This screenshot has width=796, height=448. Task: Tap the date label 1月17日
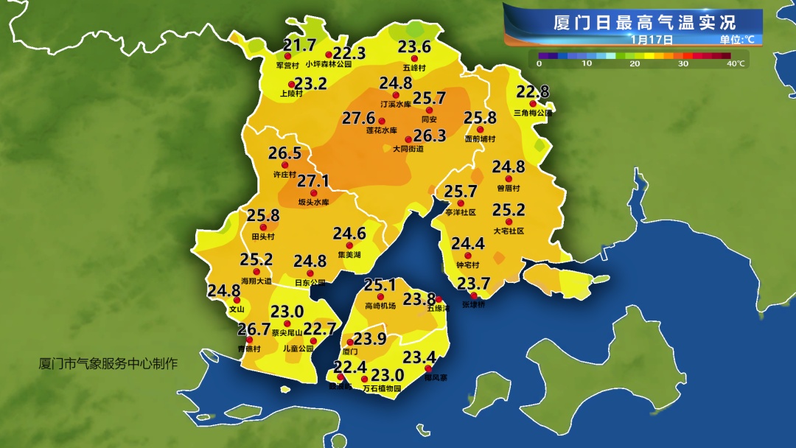pyautogui.click(x=652, y=39)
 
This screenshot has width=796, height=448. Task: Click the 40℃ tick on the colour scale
pyautogui.click(x=736, y=64)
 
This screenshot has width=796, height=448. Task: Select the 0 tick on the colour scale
pyautogui.click(x=539, y=64)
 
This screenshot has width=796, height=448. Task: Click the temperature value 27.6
pyautogui.click(x=359, y=118)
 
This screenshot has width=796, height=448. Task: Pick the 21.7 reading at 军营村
pyautogui.click(x=300, y=45)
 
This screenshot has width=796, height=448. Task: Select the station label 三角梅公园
pyautogui.click(x=533, y=113)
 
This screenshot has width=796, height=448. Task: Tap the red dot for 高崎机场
pyautogui.click(x=381, y=296)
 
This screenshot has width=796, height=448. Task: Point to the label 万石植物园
pyautogui.click(x=382, y=388)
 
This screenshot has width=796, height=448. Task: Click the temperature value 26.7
pyautogui.click(x=254, y=329)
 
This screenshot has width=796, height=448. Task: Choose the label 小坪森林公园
pyautogui.click(x=329, y=65)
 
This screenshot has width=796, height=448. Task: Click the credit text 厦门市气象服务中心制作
pyautogui.click(x=108, y=364)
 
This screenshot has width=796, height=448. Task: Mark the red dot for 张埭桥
pyautogui.click(x=474, y=295)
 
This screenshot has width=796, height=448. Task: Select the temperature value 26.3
pyautogui.click(x=430, y=136)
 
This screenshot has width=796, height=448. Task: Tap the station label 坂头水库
pyautogui.click(x=313, y=202)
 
